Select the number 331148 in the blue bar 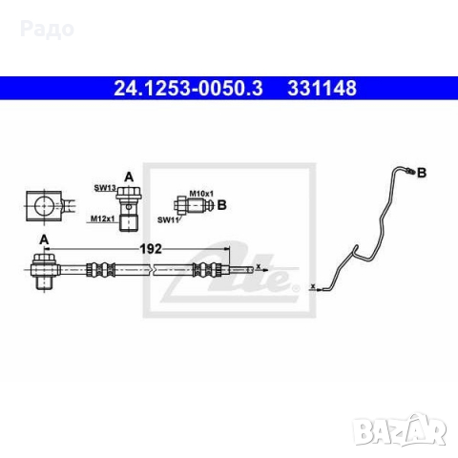point(322,89)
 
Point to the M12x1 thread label point(102,219)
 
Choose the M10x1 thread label point(199,194)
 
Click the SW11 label point(168,219)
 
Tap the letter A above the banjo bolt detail point(128,175)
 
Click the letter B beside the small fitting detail point(221,204)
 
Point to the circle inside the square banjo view point(42,203)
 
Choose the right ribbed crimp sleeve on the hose point(212,269)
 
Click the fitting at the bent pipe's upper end point(407,172)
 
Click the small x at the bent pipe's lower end point(312,283)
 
